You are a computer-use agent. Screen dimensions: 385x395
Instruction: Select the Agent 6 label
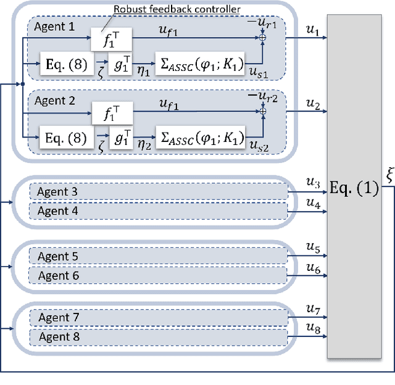(x=59, y=276)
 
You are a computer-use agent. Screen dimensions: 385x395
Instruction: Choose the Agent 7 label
(x=59, y=318)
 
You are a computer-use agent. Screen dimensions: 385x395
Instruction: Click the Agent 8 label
(x=59, y=337)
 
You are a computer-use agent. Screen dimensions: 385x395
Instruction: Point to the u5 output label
(x=314, y=249)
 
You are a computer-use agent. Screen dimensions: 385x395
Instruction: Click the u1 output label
(x=314, y=30)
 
